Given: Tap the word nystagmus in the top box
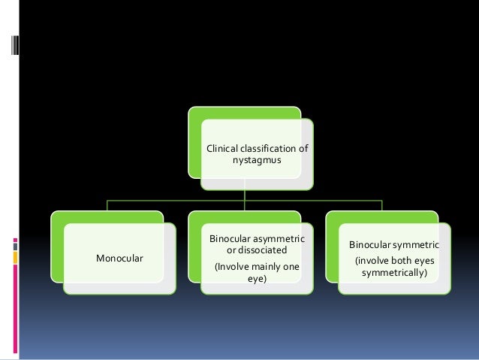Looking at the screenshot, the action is (x=257, y=161).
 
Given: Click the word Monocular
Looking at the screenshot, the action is (x=120, y=259).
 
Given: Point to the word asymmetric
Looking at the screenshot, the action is (x=281, y=238).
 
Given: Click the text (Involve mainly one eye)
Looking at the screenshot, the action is (x=257, y=272).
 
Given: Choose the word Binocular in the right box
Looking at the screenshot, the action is (x=372, y=245).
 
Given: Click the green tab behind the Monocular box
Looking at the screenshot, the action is (x=107, y=217).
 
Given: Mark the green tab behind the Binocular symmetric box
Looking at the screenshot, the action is (x=382, y=217).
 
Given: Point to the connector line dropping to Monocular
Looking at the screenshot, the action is (x=107, y=205).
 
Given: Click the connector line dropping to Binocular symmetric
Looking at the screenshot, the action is (x=382, y=205).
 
